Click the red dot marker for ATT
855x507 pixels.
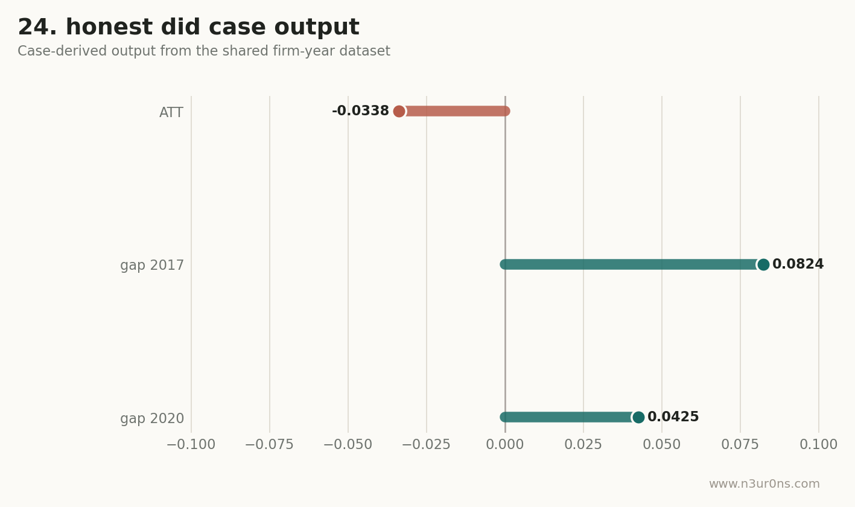pos(399,112)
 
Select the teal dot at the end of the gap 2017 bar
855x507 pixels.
pos(763,264)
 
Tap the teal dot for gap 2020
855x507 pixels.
pos(638,417)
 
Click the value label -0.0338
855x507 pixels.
pos(360,110)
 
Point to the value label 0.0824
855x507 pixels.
pos(798,264)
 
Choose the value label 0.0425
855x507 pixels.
pos(673,416)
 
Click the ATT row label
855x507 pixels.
pos(171,113)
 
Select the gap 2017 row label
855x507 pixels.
pos(152,265)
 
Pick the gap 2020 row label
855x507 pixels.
pos(152,418)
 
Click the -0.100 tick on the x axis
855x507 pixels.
pos(191,444)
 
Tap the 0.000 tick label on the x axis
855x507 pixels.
pos(504,444)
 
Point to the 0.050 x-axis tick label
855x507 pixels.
pos(661,444)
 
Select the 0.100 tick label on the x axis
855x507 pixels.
pos(818,444)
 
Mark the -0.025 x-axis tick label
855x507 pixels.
pos(426,444)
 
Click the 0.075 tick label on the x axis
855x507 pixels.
pos(740,444)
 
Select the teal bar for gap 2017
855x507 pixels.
pos(634,264)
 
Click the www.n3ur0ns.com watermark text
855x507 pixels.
pos(764,483)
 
